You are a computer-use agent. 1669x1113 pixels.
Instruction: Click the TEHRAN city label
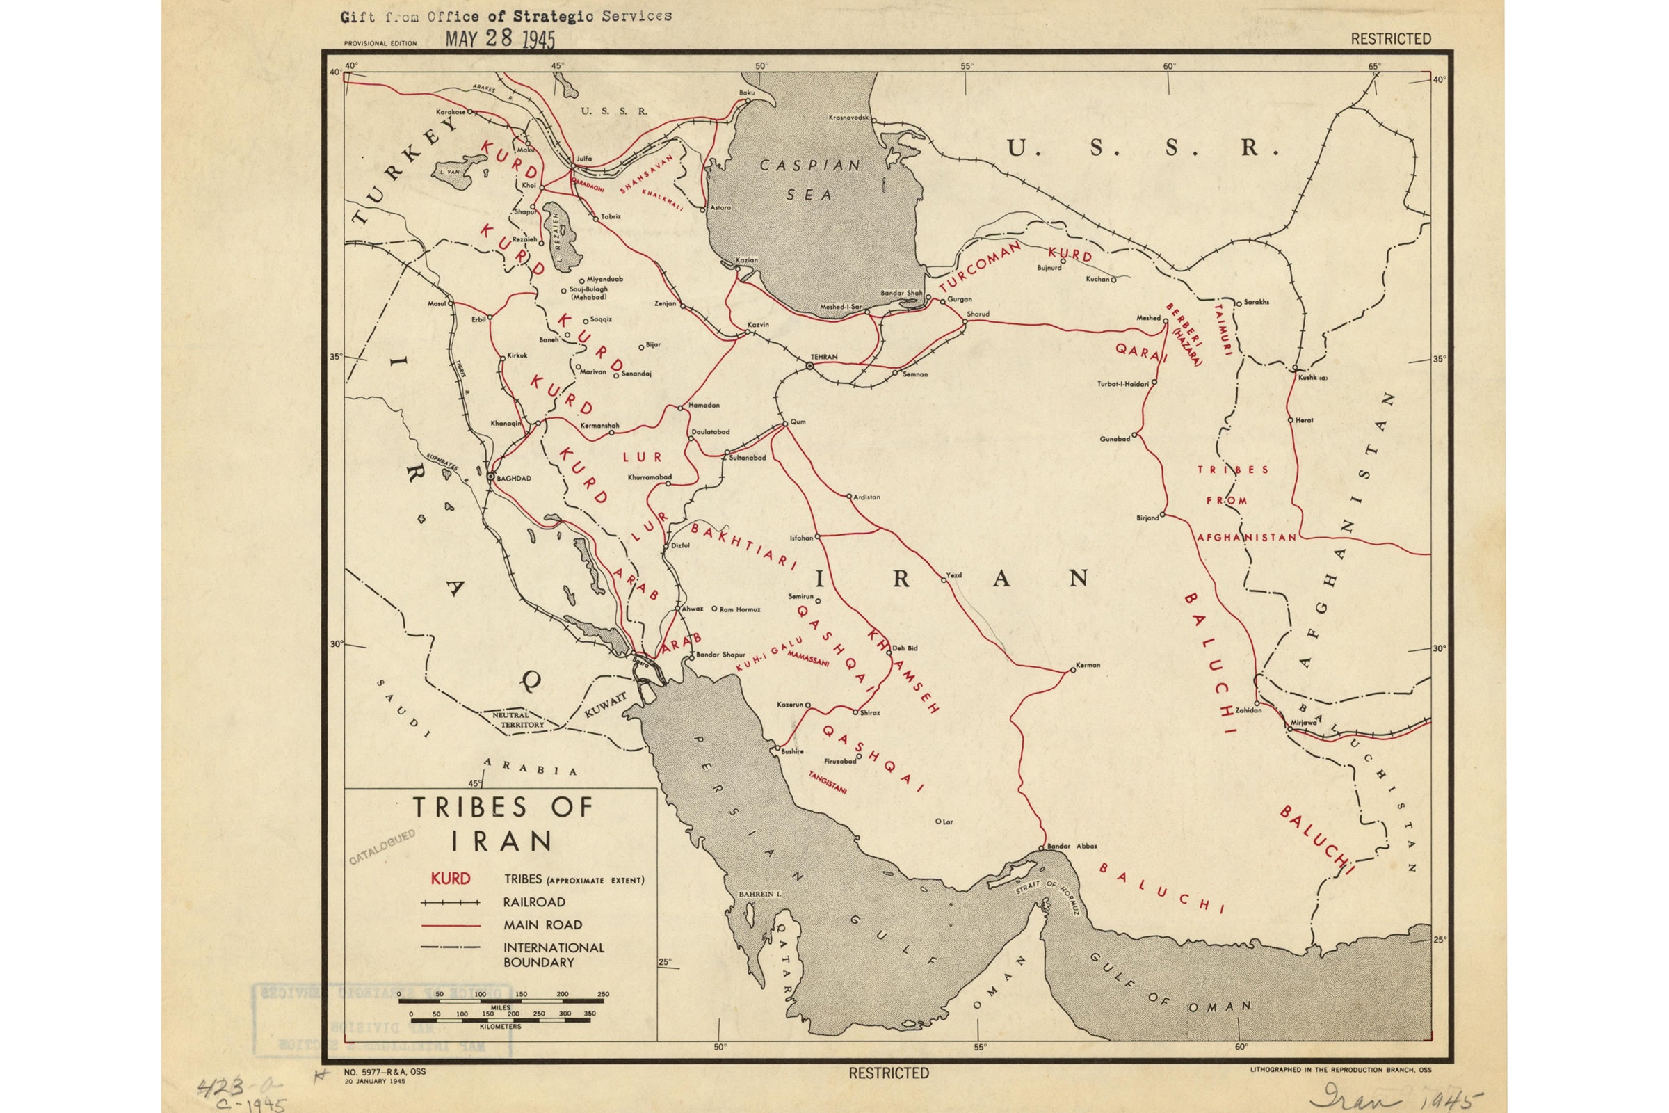point(824,356)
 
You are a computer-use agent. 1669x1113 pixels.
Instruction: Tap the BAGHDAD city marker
point(490,477)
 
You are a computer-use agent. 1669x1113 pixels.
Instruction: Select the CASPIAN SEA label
point(809,179)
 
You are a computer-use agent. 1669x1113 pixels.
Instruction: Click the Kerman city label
point(1088,665)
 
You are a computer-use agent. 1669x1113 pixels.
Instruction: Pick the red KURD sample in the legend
point(451,879)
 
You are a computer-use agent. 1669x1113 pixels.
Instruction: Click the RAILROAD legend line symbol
point(451,903)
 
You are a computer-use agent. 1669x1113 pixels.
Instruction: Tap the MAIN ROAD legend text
point(543,925)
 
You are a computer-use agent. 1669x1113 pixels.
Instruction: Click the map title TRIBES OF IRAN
point(502,824)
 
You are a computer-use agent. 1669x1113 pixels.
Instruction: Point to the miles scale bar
point(502,1002)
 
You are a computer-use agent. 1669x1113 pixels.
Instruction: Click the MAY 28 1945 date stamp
point(499,38)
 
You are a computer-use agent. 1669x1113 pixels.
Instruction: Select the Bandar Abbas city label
point(1072,846)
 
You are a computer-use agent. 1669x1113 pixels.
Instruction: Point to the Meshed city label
point(1148,318)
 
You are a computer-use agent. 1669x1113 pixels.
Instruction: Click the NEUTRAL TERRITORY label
point(519,721)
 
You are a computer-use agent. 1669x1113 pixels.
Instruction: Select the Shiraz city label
point(869,712)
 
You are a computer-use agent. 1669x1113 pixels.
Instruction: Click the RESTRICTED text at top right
point(1390,39)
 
